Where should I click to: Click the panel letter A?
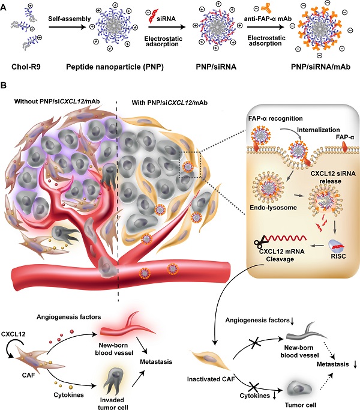5,6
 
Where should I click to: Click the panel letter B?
5,88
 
